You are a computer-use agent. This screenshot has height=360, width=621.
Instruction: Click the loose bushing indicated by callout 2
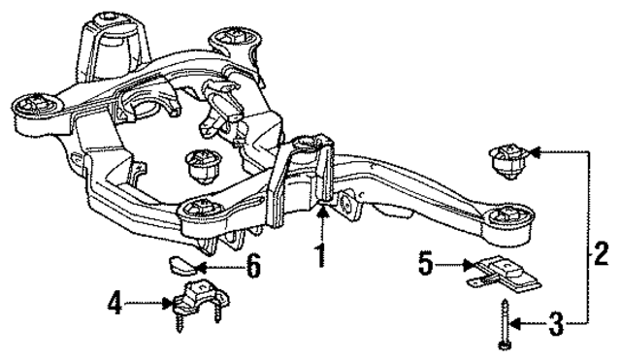pos(508,160)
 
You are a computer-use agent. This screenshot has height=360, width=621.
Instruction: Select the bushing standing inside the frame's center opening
pos(204,167)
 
